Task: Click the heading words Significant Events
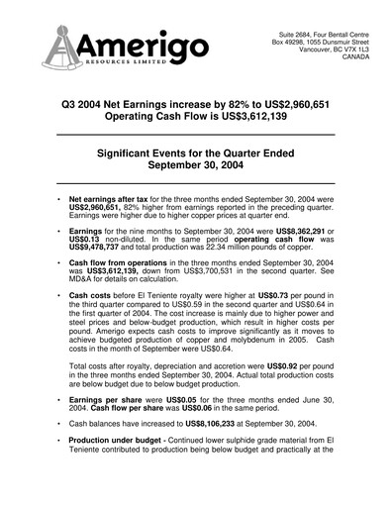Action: coord(165,155)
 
